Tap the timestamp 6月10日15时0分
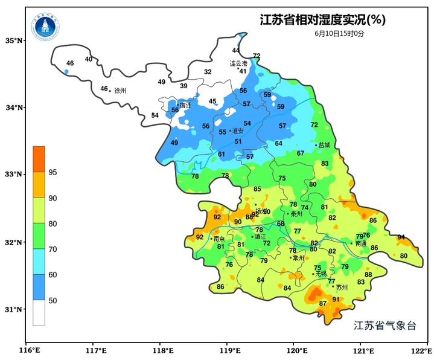click(339, 33)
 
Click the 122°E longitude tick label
click(423, 350)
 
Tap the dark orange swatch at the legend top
click(39, 159)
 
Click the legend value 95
click(53, 173)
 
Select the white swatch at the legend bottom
click(39, 313)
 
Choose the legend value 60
click(53, 275)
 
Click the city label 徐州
click(120, 91)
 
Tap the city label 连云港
click(238, 63)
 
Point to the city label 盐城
click(325, 146)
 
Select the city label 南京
click(219, 239)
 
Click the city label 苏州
click(342, 288)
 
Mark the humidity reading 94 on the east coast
click(401, 237)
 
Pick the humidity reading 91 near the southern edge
click(336, 299)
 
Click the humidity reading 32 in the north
click(208, 72)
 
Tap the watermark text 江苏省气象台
click(385, 325)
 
